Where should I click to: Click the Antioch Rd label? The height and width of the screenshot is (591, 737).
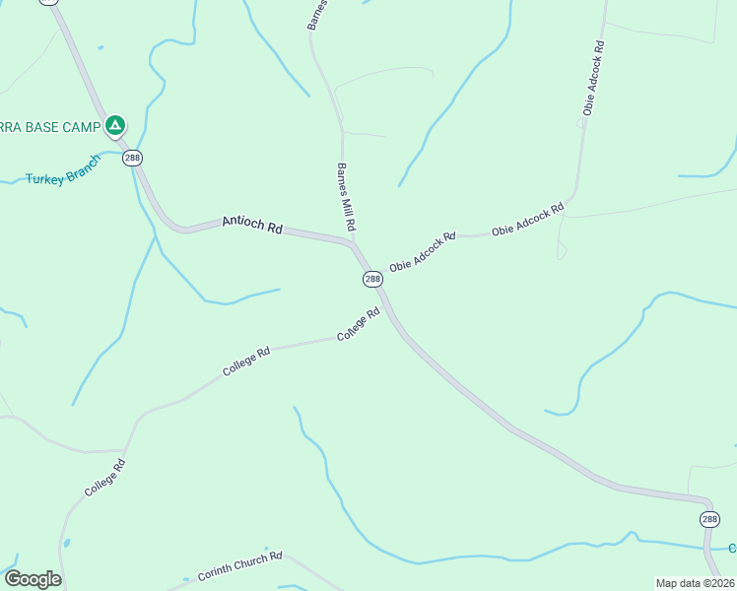coord(252,225)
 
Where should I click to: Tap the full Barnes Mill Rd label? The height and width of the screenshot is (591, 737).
coord(346,197)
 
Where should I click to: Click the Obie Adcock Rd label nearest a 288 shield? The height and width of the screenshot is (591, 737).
coord(423,252)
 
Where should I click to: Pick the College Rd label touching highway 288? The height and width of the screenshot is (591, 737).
coord(359,325)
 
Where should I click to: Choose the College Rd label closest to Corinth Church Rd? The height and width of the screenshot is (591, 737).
coord(105,478)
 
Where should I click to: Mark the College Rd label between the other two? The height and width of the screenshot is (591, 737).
coord(246,361)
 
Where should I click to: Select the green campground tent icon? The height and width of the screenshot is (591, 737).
coord(115,125)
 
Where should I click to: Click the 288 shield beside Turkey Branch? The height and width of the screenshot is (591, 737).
coord(133,158)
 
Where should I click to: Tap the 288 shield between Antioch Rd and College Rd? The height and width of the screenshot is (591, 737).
coord(372,279)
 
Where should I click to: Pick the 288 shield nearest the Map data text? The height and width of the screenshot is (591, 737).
coord(709,519)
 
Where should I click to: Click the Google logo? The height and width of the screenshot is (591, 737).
coord(33,579)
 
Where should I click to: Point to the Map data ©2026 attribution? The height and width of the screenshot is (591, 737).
coord(695,583)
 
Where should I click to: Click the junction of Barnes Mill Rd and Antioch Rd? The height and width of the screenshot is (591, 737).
coord(352,242)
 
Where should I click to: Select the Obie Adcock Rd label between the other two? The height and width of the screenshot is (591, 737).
coord(527,219)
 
